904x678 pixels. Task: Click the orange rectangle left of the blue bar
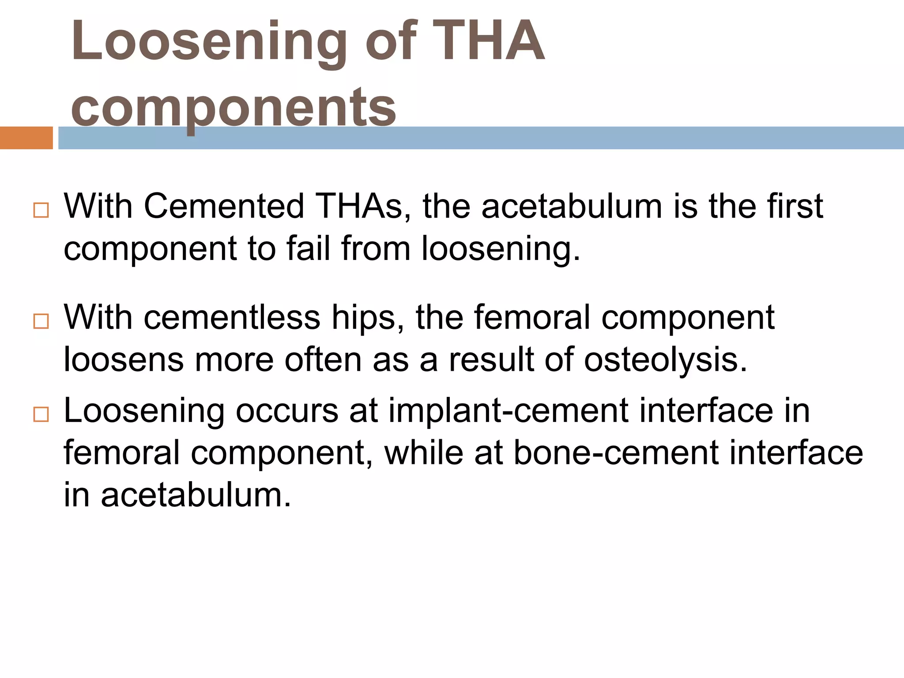26,138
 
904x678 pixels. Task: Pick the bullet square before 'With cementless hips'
41,321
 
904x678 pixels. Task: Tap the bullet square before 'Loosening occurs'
41,414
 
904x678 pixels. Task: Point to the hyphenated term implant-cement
508,411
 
